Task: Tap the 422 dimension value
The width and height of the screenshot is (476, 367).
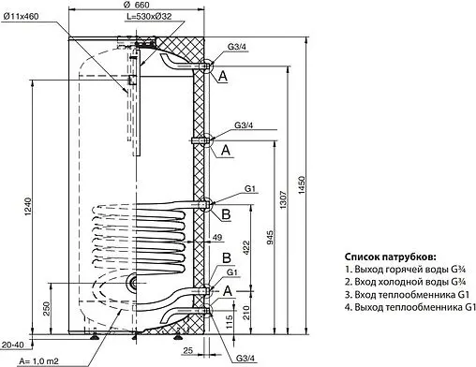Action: (245, 248)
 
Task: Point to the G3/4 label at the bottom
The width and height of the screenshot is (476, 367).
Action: (245, 359)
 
